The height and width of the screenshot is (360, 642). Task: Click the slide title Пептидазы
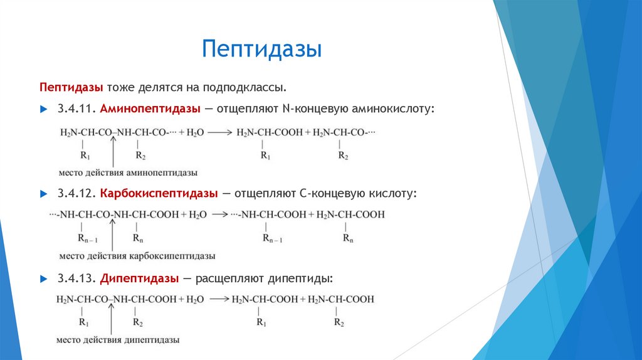(261, 49)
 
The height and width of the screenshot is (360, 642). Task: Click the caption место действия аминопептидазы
(129, 172)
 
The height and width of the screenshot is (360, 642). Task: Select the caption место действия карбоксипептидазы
(137, 256)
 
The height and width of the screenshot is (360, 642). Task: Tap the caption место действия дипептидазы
(120, 339)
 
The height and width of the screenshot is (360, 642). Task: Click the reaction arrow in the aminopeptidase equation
(221, 132)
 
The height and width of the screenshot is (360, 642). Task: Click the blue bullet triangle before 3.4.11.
(43, 109)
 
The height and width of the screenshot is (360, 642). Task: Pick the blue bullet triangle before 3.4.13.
(43, 278)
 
